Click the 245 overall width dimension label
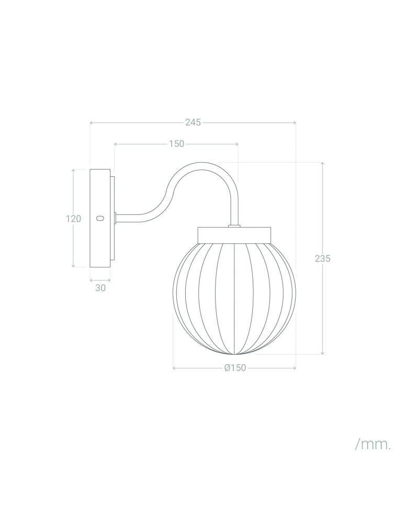point(193,122)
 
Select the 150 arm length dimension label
point(176,144)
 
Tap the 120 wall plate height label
point(73,219)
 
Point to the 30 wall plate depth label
point(100,288)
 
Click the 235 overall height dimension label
point(322,258)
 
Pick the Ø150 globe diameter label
point(234,368)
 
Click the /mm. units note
point(373,445)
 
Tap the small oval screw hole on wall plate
point(100,218)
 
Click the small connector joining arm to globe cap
point(234,226)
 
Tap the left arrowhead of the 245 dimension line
point(92,123)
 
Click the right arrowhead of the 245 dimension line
point(295,123)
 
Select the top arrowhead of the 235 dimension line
point(322,164)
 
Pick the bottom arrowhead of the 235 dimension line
point(322,353)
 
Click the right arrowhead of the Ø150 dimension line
point(295,368)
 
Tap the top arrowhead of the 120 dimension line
point(73,170)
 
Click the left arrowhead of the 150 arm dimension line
point(115,144)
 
